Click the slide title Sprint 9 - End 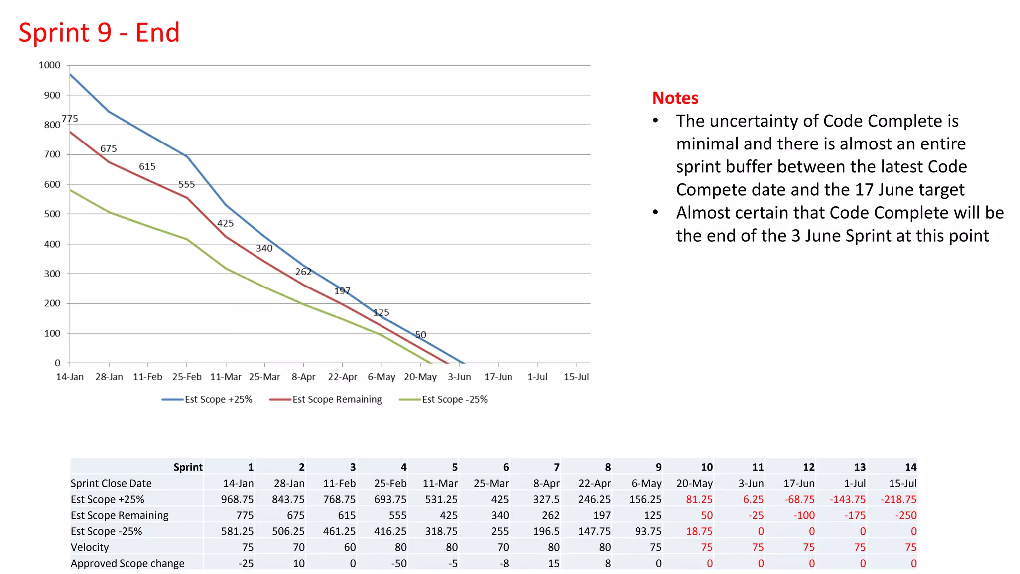[x=99, y=33]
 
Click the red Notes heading [x=675, y=98]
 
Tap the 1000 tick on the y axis [x=49, y=65]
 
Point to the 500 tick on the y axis [x=52, y=214]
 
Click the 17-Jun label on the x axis [x=498, y=377]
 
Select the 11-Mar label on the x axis [x=226, y=377]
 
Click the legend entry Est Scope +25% [x=218, y=400]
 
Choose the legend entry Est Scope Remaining [x=337, y=400]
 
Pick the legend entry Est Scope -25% [x=454, y=400]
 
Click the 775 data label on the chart [x=70, y=119]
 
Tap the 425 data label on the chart [x=225, y=223]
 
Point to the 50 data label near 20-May [x=420, y=335]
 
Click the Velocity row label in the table [x=90, y=547]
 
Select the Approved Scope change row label [x=127, y=563]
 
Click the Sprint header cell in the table [x=188, y=467]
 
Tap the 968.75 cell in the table [x=237, y=499]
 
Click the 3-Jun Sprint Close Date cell [x=751, y=483]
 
